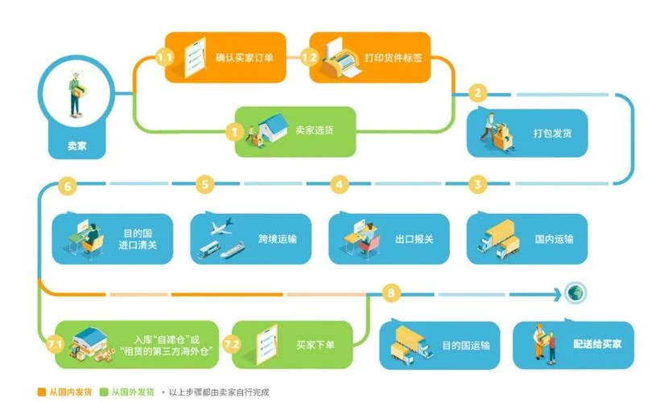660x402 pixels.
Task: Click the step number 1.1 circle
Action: [164, 57]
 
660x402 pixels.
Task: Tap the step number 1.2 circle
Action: [309, 57]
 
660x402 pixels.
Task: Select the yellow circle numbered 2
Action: [477, 92]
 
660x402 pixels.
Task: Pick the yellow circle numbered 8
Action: [391, 293]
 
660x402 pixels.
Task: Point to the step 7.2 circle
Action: [232, 345]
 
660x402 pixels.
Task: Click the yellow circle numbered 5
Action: [205, 185]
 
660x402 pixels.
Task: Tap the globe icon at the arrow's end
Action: [575, 293]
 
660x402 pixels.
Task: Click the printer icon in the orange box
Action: [341, 59]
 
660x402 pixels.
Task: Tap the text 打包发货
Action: [552, 133]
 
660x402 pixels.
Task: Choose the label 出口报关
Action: [415, 240]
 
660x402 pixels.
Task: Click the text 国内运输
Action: [554, 240]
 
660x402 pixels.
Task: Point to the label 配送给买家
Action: [597, 344]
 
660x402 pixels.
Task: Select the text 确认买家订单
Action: [244, 58]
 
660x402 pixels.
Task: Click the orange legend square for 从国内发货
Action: [41, 392]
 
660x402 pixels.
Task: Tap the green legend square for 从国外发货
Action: [104, 392]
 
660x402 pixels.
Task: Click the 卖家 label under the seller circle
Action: [77, 146]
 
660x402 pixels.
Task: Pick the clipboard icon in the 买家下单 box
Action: [267, 345]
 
